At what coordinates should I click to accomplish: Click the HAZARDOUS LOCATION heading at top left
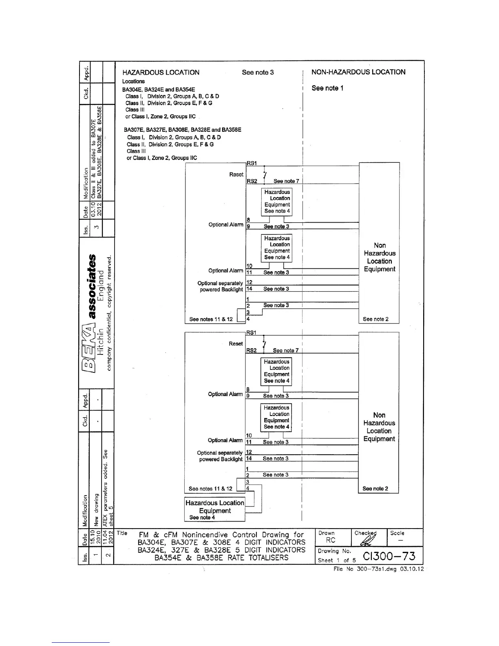tap(161, 73)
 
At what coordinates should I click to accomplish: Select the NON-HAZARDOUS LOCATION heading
tap(358, 72)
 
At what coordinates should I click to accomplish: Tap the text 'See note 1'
tap(327, 88)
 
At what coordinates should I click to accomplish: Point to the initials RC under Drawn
tap(331, 540)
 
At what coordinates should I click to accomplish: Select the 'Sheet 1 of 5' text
tap(337, 560)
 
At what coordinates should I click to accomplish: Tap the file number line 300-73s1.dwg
tap(378, 569)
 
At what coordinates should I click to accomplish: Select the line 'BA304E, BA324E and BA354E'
tap(159, 89)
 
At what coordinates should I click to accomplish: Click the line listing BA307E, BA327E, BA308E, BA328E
tap(183, 130)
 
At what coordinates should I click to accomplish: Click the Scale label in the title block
tap(397, 533)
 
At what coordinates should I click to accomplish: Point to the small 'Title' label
tap(122, 533)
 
